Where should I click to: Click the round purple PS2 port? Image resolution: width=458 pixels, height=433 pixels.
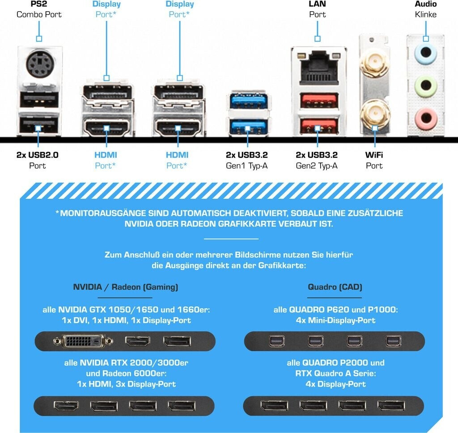[x=39, y=65]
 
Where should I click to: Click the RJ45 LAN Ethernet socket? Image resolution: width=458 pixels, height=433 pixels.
[x=318, y=68]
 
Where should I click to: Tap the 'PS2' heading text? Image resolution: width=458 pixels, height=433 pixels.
[x=39, y=4]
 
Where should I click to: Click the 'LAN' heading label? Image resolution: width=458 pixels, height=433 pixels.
[x=318, y=4]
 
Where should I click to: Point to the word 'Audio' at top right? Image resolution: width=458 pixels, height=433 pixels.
[x=425, y=4]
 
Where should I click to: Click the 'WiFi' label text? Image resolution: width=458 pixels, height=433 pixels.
[x=374, y=155]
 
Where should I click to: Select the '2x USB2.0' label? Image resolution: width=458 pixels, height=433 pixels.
[x=38, y=155]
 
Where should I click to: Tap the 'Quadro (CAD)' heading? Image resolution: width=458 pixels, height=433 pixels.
[x=335, y=287]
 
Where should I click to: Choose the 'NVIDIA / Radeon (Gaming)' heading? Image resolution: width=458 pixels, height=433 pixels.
[x=125, y=287]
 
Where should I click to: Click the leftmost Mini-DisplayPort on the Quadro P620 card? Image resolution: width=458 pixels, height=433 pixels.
[x=274, y=341]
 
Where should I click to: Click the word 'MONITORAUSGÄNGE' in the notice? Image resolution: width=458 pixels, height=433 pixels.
[x=103, y=213]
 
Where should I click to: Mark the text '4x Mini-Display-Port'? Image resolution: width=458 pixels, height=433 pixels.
[x=335, y=320]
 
